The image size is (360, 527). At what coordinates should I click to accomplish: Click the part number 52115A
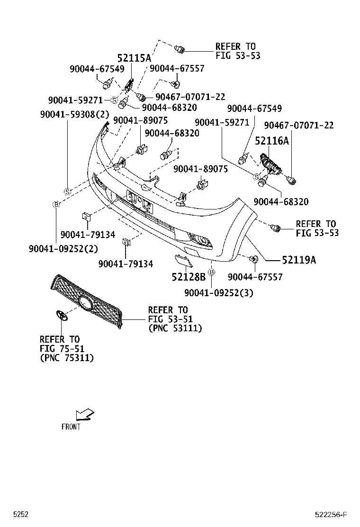point(134,58)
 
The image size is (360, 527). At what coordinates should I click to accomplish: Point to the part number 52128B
point(188,277)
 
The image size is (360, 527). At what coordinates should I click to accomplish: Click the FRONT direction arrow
point(85,415)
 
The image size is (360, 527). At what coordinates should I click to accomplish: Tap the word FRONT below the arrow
point(71,427)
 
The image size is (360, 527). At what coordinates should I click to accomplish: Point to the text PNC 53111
point(175,328)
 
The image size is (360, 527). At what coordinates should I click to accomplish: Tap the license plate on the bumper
point(138,200)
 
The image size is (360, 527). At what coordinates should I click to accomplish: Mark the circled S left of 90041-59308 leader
point(67,191)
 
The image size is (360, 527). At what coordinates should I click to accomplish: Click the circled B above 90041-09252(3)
point(212,272)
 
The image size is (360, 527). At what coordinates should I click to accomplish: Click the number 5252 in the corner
point(21,515)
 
